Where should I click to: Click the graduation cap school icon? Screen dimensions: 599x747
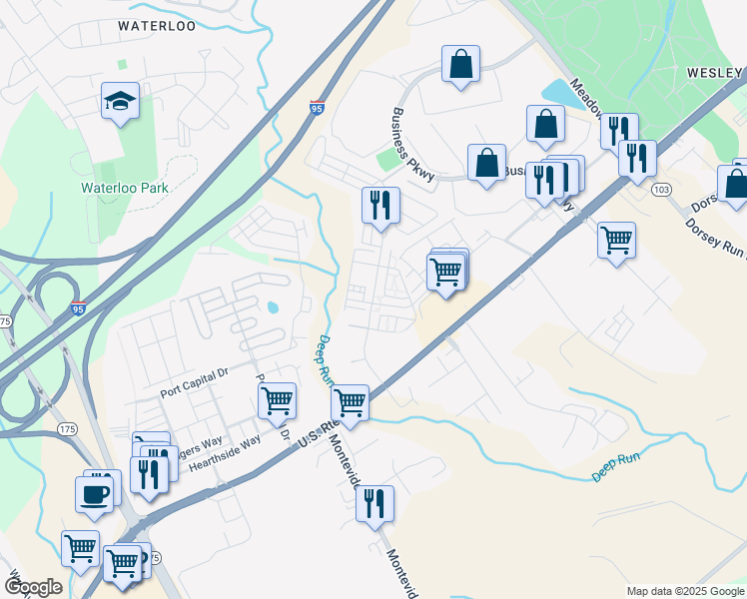coord(120,101)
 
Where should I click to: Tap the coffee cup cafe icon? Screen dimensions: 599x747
coord(95,493)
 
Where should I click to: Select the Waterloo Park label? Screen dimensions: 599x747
coord(125,187)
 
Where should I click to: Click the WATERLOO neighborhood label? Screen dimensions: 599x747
coord(156,26)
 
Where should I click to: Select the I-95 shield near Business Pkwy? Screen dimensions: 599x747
coord(316,107)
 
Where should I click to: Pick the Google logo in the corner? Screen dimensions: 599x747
coord(33,586)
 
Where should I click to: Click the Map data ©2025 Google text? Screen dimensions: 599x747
coord(685,591)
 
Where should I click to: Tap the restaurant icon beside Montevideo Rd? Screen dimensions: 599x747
coord(374,503)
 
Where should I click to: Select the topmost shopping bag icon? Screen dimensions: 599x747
coord(460,65)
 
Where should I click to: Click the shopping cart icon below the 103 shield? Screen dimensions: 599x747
coord(616,240)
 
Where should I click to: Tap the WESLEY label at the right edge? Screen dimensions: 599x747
coord(715,73)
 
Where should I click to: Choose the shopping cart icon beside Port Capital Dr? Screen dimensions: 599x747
coord(277,400)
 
